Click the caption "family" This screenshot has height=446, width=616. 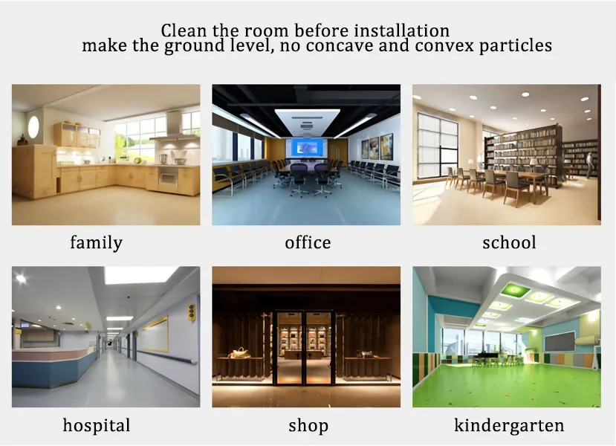[x=96, y=242]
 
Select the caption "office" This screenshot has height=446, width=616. [x=308, y=242]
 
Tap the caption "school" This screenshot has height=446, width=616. [x=509, y=242]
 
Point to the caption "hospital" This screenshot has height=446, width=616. [x=97, y=425]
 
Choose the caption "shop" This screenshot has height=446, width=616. [x=308, y=426]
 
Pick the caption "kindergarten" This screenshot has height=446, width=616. [x=509, y=425]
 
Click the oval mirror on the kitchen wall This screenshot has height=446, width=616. [x=33, y=127]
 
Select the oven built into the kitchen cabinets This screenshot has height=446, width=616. [x=169, y=176]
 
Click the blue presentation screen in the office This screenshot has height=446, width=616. [x=307, y=146]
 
